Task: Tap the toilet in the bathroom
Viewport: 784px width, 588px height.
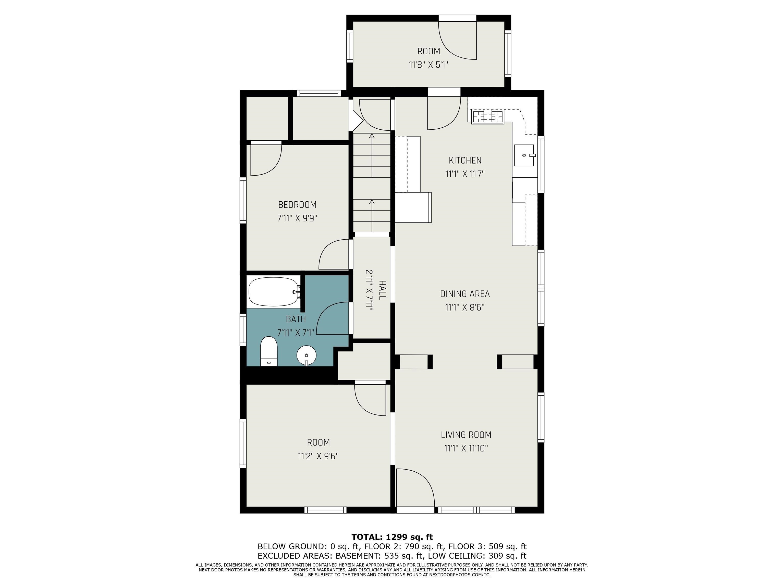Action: point(269,351)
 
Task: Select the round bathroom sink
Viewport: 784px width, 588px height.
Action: point(306,355)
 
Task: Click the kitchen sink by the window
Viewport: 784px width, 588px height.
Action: point(524,155)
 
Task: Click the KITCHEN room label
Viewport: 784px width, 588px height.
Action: point(465,161)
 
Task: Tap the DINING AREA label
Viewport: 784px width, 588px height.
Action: point(465,294)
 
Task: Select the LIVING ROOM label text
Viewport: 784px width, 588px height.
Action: point(466,435)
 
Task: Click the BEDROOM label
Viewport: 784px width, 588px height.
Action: point(297,205)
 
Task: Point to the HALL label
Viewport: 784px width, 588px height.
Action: point(382,290)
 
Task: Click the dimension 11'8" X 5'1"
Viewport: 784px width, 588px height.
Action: point(428,65)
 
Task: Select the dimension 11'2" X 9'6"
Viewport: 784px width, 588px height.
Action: point(318,456)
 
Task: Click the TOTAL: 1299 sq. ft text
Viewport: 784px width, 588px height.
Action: point(392,537)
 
